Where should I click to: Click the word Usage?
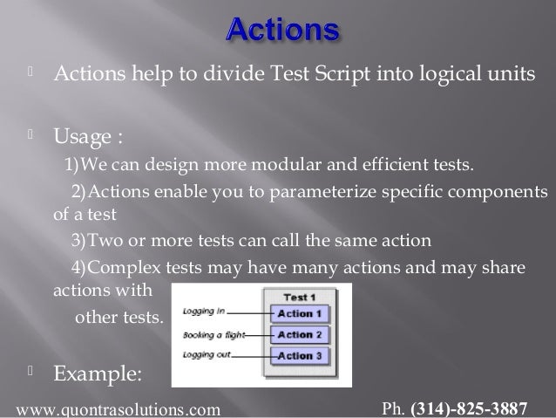tap(83, 136)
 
